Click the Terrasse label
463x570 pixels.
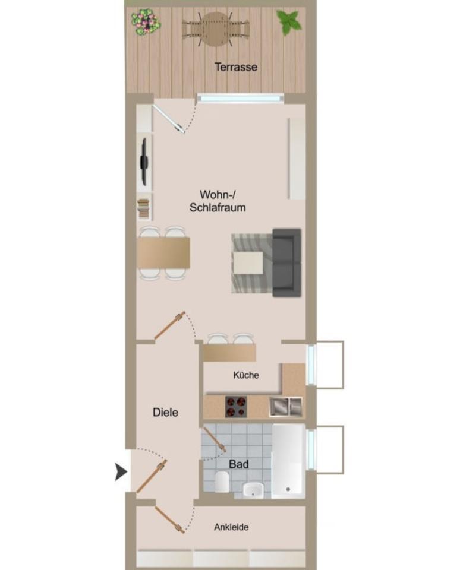click(236, 67)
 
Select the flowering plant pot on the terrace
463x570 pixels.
click(146, 22)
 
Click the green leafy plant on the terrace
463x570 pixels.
click(289, 22)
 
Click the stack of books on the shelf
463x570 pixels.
click(143, 209)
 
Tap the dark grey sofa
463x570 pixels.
click(286, 262)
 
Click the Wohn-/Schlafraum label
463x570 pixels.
click(218, 201)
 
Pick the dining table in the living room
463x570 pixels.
click(163, 253)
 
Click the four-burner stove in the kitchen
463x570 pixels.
click(236, 407)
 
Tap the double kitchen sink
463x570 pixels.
click(286, 406)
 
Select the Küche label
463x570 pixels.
click(246, 375)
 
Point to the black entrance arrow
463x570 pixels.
click(121, 472)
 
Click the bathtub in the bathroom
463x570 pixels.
click(288, 460)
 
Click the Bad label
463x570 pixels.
click(239, 464)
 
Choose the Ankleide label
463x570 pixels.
click(231, 527)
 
